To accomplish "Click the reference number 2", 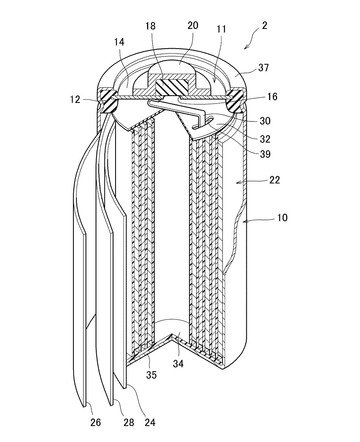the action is [x=264, y=26].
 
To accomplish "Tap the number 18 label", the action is [x=150, y=26].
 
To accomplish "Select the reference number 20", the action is [x=193, y=25].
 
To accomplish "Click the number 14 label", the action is [x=119, y=42].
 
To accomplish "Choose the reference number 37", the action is [x=264, y=68].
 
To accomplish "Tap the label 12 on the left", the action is [x=75, y=100].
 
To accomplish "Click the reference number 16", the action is [x=272, y=97].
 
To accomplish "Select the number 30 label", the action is [x=265, y=121].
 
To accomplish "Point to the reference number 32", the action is [x=265, y=139].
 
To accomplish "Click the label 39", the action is [x=265, y=154].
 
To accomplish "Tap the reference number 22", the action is [x=275, y=180].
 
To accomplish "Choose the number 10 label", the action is [x=282, y=218].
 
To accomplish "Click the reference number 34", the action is [x=178, y=364].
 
